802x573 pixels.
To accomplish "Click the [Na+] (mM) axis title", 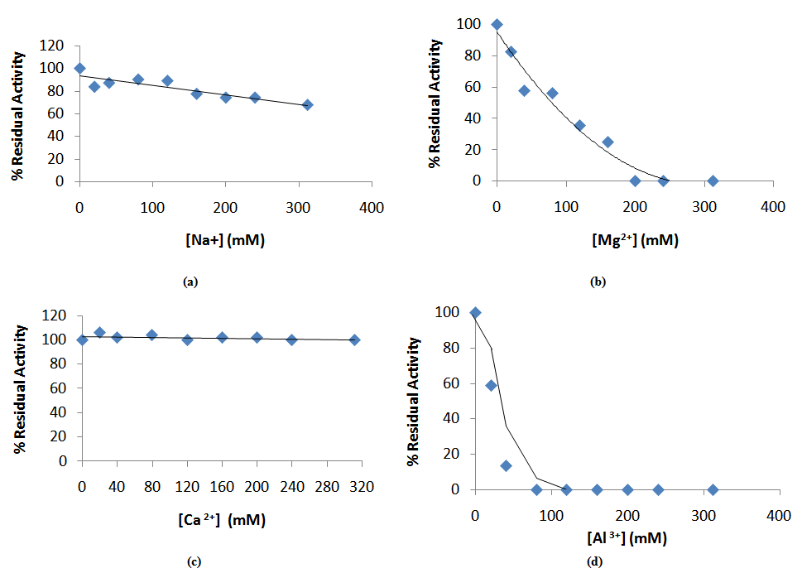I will [226, 241].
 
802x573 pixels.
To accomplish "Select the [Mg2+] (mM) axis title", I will [636, 241].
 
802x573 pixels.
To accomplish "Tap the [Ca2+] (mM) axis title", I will [220, 520].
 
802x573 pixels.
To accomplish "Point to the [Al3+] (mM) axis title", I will [627, 538].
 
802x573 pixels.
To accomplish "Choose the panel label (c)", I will [194, 562].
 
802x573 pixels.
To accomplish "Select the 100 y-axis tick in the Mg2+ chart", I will [469, 24].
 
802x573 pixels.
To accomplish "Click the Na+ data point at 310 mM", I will [307, 105].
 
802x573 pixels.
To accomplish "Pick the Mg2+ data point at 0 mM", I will [497, 24].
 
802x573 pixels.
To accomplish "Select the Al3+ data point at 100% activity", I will [475, 312].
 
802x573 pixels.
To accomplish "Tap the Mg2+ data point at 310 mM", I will [712, 181].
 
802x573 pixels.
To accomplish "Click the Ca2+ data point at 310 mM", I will [354, 339].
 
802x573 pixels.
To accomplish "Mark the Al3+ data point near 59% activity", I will [491, 385].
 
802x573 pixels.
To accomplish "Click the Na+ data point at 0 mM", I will [79, 68].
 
